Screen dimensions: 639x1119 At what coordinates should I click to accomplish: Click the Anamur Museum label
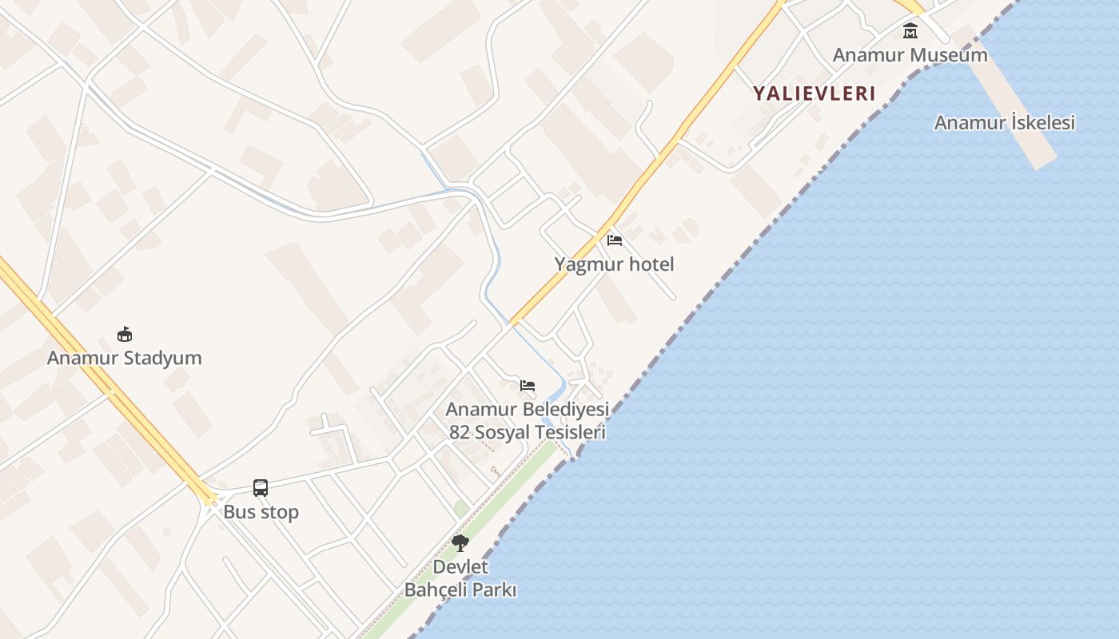[x=910, y=55]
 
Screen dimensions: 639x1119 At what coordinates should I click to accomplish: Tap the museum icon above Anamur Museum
[x=910, y=31]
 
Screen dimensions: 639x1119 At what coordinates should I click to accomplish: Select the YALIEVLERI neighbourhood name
[x=814, y=93]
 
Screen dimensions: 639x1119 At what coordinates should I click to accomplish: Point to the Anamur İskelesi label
[x=1004, y=123]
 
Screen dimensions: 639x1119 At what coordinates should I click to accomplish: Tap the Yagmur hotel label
[x=614, y=264]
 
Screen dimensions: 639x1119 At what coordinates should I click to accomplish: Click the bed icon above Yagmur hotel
[x=614, y=240]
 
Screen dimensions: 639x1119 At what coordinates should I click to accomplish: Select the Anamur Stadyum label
[x=124, y=358]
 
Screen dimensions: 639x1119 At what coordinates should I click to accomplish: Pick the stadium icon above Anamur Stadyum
[x=124, y=334]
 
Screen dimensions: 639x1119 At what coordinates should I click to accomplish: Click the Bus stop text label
[x=261, y=512]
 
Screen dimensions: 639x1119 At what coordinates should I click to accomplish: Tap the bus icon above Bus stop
[x=261, y=487]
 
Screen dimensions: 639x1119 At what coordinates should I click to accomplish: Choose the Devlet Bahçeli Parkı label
[x=460, y=578]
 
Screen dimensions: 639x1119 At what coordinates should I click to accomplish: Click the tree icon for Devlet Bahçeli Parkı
[x=460, y=543]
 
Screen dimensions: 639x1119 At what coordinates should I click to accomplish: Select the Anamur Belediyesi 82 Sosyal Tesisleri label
[x=527, y=421]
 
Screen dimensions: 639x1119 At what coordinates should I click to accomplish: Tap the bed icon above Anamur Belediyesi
[x=528, y=386]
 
